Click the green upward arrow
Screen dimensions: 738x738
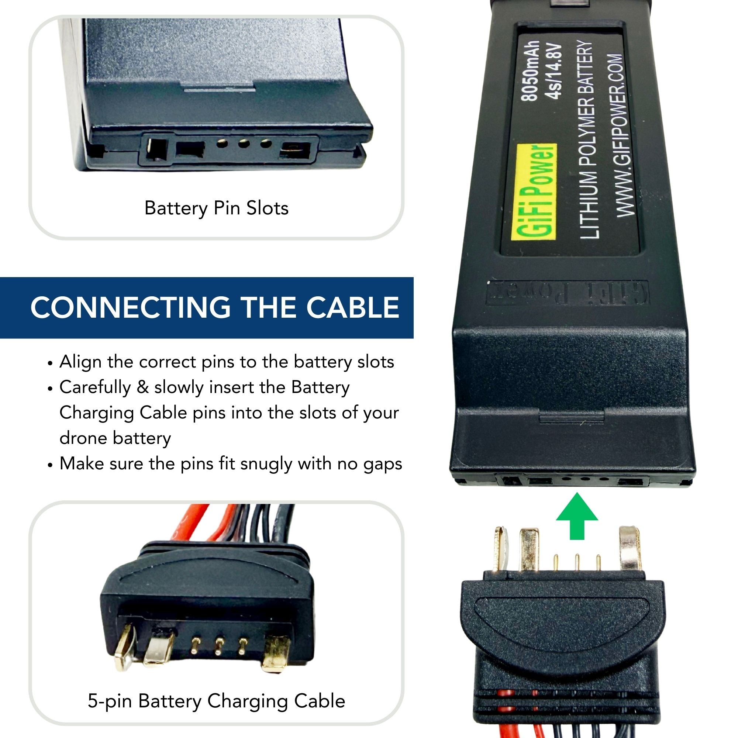click(x=577, y=516)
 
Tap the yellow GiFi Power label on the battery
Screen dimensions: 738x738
click(x=534, y=192)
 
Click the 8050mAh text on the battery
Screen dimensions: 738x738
click(x=531, y=71)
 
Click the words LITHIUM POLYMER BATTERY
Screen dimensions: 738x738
click(x=587, y=139)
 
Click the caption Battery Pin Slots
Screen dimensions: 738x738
click(x=216, y=208)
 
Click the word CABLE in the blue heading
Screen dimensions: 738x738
click(x=352, y=307)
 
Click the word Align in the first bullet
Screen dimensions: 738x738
click(x=80, y=362)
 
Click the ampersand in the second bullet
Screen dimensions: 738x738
click(x=142, y=387)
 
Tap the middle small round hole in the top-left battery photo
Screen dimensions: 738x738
click(x=243, y=144)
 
